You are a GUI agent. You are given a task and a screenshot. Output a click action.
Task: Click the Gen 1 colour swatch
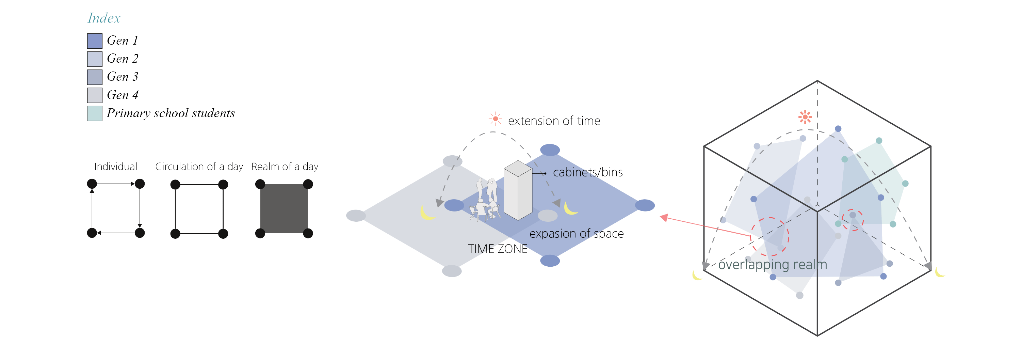[95, 41]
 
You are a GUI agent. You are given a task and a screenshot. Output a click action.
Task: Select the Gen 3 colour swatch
[95, 77]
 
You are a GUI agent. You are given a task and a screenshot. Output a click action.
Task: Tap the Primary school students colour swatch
[95, 113]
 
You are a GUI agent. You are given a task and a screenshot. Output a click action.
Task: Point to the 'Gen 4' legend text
[123, 95]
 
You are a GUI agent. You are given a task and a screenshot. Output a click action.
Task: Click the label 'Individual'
[116, 167]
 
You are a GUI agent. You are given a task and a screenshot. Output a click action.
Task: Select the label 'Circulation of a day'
[199, 167]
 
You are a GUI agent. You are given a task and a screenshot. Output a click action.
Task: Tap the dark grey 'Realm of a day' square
[284, 208]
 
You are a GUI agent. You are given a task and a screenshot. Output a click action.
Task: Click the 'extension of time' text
[554, 121]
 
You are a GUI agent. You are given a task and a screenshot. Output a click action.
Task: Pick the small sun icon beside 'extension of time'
[495, 119]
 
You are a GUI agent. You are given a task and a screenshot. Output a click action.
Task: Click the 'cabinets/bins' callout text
[587, 172]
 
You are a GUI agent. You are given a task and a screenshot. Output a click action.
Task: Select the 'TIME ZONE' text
[498, 249]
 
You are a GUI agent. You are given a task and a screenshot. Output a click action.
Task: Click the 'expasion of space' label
[576, 234]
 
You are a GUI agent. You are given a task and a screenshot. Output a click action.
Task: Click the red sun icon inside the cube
[805, 117]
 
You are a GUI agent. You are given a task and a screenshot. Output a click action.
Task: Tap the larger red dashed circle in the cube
[770, 237]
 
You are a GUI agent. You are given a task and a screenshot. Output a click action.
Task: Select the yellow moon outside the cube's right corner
[939, 272]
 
